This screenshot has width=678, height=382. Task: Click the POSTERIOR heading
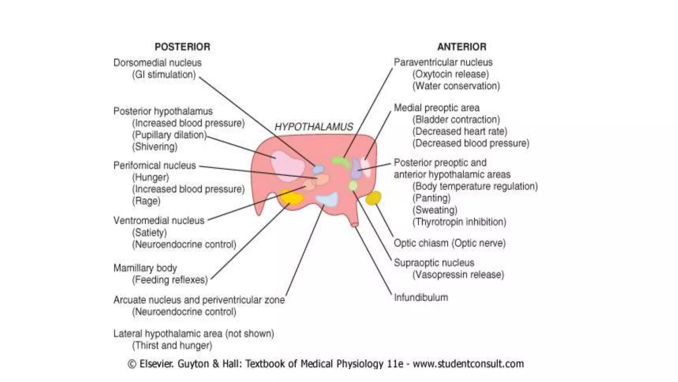(x=182, y=47)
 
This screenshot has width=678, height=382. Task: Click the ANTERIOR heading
(x=462, y=47)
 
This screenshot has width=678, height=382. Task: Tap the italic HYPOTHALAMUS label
(x=314, y=127)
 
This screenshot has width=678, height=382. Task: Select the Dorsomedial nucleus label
(x=157, y=63)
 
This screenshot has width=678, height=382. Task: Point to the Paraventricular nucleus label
(x=443, y=62)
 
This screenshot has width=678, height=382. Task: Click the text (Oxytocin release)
(x=451, y=74)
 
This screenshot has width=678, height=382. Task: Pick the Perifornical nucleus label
(x=155, y=165)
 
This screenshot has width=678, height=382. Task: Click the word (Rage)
(x=146, y=201)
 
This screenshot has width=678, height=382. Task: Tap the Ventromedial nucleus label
(x=159, y=221)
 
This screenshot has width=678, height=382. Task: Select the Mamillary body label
(x=145, y=268)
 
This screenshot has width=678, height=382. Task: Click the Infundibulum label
(x=421, y=297)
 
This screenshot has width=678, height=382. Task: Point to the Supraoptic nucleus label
(x=434, y=263)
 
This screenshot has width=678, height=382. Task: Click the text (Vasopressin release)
(x=458, y=275)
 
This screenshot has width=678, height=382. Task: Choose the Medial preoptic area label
(x=436, y=108)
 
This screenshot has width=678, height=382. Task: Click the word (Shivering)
(x=155, y=147)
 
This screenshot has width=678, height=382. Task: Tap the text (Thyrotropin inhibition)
(x=459, y=222)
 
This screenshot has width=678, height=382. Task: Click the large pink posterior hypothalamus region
(x=287, y=166)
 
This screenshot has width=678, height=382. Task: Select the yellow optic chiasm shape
(x=373, y=198)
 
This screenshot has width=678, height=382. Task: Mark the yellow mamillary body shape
(x=291, y=198)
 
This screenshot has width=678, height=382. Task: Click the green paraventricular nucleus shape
(x=341, y=162)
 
